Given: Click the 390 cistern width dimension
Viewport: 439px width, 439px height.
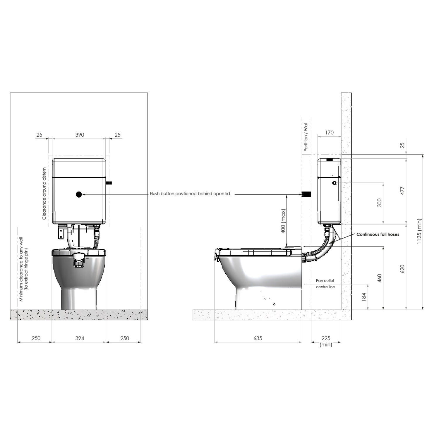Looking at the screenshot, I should [80, 135].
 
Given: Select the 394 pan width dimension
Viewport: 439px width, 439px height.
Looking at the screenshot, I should [80, 338].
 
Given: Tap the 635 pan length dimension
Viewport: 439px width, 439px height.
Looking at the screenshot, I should [258, 338].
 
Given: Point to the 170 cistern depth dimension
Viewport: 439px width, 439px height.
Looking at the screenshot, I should [329, 133].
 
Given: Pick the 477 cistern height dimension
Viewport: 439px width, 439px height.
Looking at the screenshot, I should [402, 191].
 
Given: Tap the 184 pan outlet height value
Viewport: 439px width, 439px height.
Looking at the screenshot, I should [364, 297].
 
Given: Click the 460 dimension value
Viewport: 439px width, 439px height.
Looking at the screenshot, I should [379, 278].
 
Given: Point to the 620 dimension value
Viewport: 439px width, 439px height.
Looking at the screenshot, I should [402, 269].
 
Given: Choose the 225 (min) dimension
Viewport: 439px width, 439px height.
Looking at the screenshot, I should [326, 341].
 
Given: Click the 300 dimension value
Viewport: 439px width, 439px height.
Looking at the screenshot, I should [379, 203].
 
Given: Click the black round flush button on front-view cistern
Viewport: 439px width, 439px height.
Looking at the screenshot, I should [79, 194].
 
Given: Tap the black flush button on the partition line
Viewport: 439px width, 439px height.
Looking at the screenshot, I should [306, 194].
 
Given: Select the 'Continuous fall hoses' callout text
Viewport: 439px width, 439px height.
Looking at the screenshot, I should [378, 234].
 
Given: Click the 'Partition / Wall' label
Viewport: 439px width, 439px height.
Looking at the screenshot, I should [306, 137].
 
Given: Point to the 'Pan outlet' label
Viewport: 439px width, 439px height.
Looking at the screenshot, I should [325, 281].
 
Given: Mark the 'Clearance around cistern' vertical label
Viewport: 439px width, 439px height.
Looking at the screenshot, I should [44, 193].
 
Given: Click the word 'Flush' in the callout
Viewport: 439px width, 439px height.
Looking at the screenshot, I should [155, 194].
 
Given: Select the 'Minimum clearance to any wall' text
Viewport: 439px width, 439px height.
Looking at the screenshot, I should [21, 269].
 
